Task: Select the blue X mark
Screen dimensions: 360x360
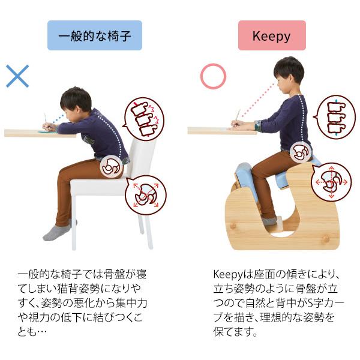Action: point(17,76)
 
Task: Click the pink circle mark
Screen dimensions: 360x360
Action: point(213,76)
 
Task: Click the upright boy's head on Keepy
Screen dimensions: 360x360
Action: point(289,72)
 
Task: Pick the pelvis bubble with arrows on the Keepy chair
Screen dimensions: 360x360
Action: point(332,181)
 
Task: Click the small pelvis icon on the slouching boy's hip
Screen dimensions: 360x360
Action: point(112,166)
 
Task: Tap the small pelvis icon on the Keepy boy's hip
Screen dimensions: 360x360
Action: point(302,153)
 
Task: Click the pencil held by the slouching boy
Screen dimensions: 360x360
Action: point(45,118)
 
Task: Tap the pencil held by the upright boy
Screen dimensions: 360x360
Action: point(238,115)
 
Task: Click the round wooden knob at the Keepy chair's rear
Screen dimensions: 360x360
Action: point(326,238)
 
